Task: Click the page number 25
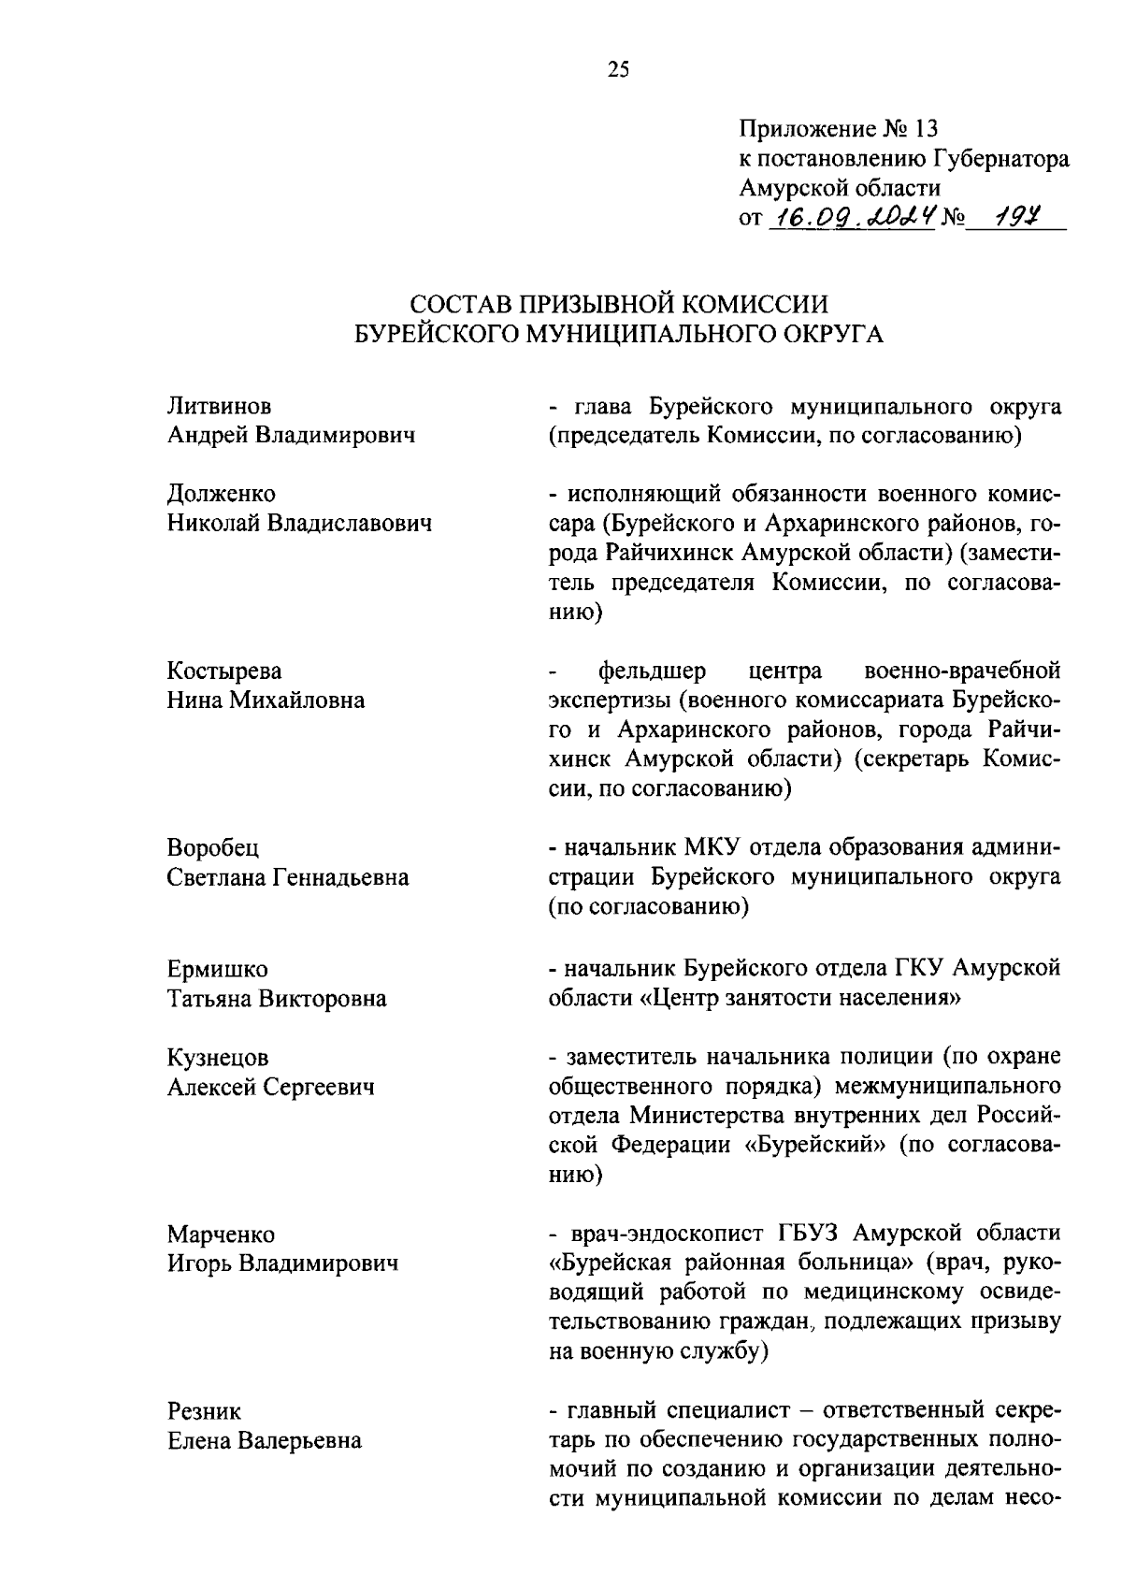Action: tap(619, 69)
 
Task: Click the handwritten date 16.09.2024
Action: tap(851, 217)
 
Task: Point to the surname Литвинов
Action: tap(220, 407)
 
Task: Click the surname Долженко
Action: tap(222, 493)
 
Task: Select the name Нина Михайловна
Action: tap(266, 700)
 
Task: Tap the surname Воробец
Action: tap(214, 847)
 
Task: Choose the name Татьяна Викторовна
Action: tap(277, 999)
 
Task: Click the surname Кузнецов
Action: tap(218, 1057)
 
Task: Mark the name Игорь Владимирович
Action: tap(282, 1263)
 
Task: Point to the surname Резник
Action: tap(204, 1410)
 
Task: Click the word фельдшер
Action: tap(653, 671)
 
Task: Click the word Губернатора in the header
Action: tap(1000, 159)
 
